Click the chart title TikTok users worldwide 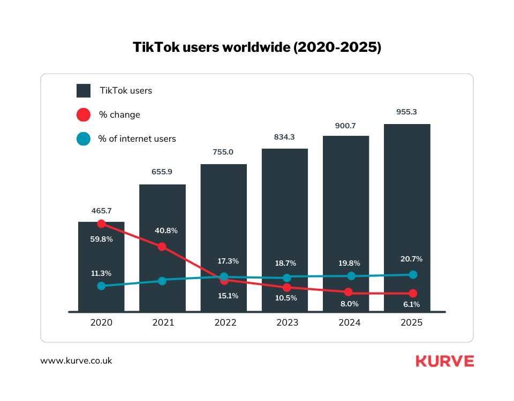point(257,47)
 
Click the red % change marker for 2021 point(162,246)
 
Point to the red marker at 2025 point(412,294)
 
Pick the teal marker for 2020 point(101,286)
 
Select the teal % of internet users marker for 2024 point(351,276)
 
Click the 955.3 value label point(406,112)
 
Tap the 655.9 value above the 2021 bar point(162,172)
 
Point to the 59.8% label point(101,240)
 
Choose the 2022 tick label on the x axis point(225,323)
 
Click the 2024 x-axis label point(349,323)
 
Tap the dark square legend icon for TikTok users point(84,90)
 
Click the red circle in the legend point(84,115)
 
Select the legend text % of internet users point(137,139)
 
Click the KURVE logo point(444,361)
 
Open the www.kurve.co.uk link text point(76,361)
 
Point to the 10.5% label point(286,298)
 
